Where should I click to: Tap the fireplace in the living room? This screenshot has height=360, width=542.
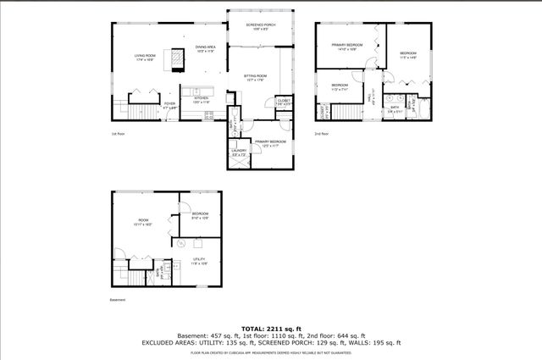coord(177,58)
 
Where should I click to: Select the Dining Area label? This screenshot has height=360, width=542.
coord(206,49)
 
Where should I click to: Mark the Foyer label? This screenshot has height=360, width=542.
coord(169,107)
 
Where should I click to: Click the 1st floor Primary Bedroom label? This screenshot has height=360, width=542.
coord(268,143)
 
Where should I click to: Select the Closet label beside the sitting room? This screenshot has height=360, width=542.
coord(284,102)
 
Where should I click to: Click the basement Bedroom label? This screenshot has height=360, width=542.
coord(200,214)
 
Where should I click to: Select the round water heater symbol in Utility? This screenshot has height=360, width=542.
coord(180,242)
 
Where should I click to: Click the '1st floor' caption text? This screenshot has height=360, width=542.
coord(118,134)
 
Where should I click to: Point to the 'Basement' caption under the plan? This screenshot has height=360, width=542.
coord(118,300)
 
